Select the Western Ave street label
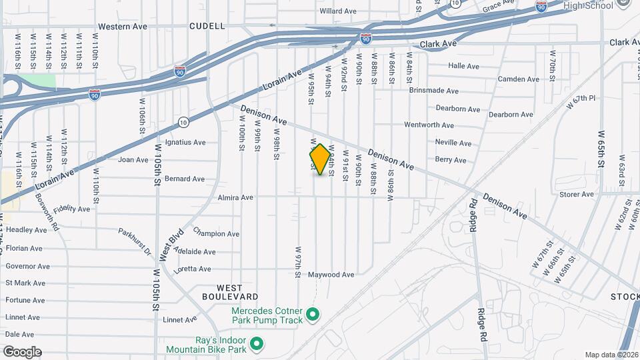click(123, 27)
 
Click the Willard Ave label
click(338, 11)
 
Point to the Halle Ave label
click(464, 66)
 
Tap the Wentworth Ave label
click(429, 125)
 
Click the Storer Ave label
click(577, 195)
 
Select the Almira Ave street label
click(235, 197)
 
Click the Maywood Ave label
click(331, 275)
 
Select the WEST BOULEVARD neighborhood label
click(230, 291)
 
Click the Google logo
click(22, 352)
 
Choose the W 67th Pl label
click(580, 101)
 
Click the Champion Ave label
click(216, 233)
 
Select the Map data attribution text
click(611, 355)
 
